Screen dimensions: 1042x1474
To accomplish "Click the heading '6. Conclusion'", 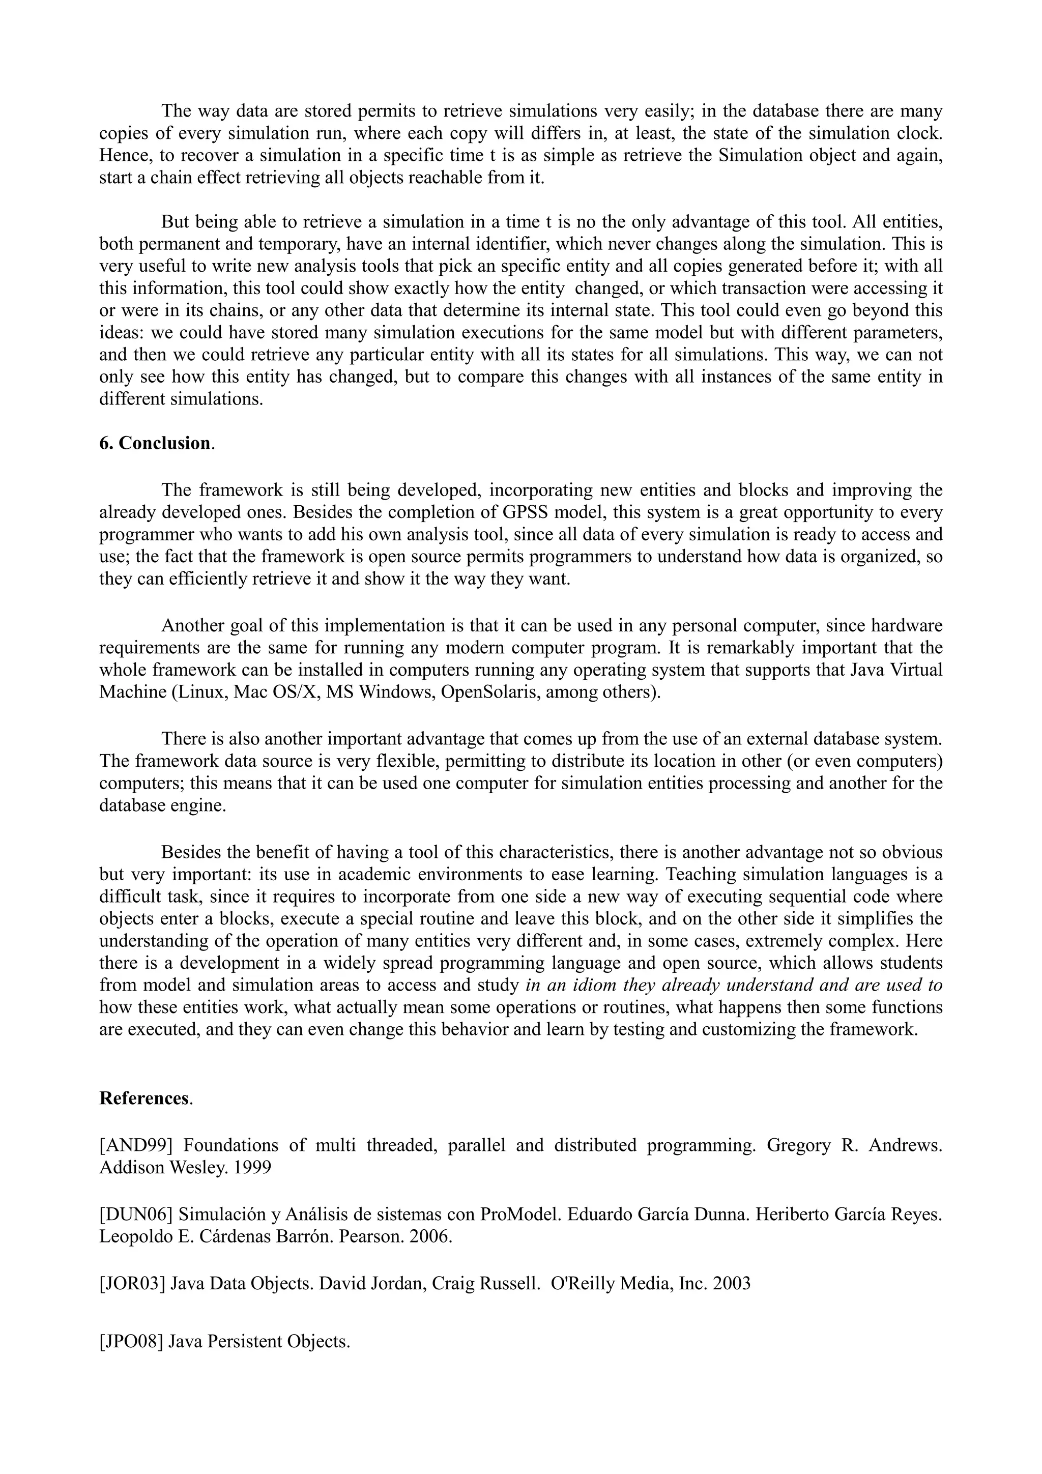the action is (155, 444).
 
